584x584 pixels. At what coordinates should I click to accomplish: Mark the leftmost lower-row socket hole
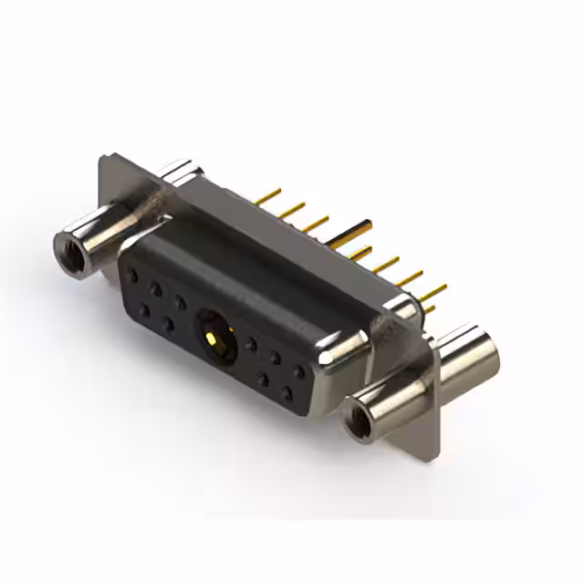(144, 310)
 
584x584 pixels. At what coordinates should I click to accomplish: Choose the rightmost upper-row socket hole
(298, 370)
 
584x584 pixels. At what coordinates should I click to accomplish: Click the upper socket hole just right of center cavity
(251, 345)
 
